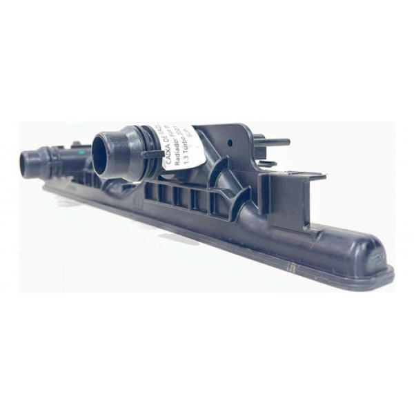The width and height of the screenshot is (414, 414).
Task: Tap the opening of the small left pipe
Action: click(28, 164)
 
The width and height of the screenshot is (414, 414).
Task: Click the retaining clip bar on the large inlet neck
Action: click(153, 155)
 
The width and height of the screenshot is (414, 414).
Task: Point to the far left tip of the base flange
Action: click(46, 185)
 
